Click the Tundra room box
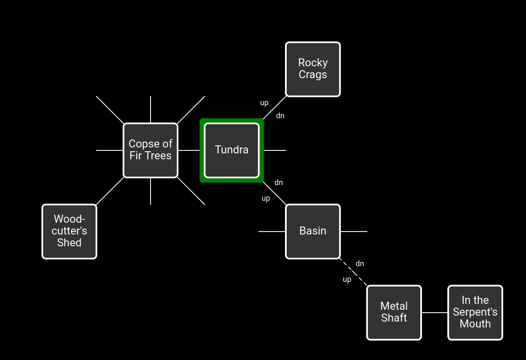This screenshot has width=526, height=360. [232, 150]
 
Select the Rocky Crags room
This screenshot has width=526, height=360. [313, 69]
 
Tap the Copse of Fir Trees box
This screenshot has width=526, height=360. [151, 150]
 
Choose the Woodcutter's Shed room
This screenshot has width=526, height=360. [69, 232]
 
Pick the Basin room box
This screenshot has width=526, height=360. [313, 232]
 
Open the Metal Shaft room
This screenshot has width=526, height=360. [394, 313]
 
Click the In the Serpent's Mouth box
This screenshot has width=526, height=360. [475, 313]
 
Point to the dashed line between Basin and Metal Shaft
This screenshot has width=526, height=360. [353, 272]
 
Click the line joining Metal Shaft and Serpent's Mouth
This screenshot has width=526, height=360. [435, 313]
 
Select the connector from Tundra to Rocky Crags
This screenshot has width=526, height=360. [274, 107]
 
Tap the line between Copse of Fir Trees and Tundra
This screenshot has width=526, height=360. [189, 150]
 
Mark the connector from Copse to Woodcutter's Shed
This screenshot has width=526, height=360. [110, 191]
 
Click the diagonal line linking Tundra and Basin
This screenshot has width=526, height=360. [274, 193]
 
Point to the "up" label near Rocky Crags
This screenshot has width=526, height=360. [264, 103]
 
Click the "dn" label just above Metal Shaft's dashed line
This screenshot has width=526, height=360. [360, 264]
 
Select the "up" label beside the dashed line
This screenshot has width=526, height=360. [347, 279]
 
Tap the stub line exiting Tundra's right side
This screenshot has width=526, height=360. [275, 150]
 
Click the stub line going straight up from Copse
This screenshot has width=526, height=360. [151, 109]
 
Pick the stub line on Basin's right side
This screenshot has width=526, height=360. [354, 232]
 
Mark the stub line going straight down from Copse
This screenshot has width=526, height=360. [151, 191]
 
